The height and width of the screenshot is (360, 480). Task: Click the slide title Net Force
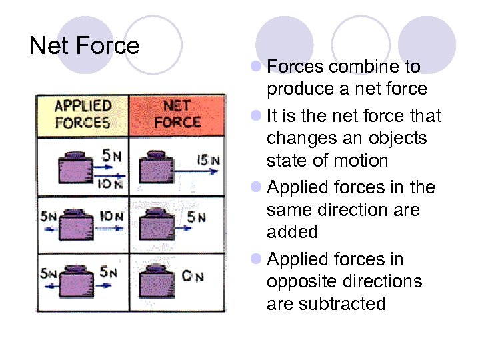click(85, 45)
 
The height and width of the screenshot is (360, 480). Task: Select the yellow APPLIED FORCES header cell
click(83, 114)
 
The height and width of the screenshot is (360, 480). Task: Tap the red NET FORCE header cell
click(177, 114)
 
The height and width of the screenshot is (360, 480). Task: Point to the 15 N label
click(208, 160)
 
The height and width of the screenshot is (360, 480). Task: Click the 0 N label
click(193, 275)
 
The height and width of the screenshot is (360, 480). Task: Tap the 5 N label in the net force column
click(196, 217)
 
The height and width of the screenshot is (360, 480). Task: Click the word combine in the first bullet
click(364, 67)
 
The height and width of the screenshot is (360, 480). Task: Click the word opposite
click(302, 281)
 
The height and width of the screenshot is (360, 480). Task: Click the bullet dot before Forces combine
click(256, 67)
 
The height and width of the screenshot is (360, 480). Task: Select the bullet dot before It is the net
click(256, 116)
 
